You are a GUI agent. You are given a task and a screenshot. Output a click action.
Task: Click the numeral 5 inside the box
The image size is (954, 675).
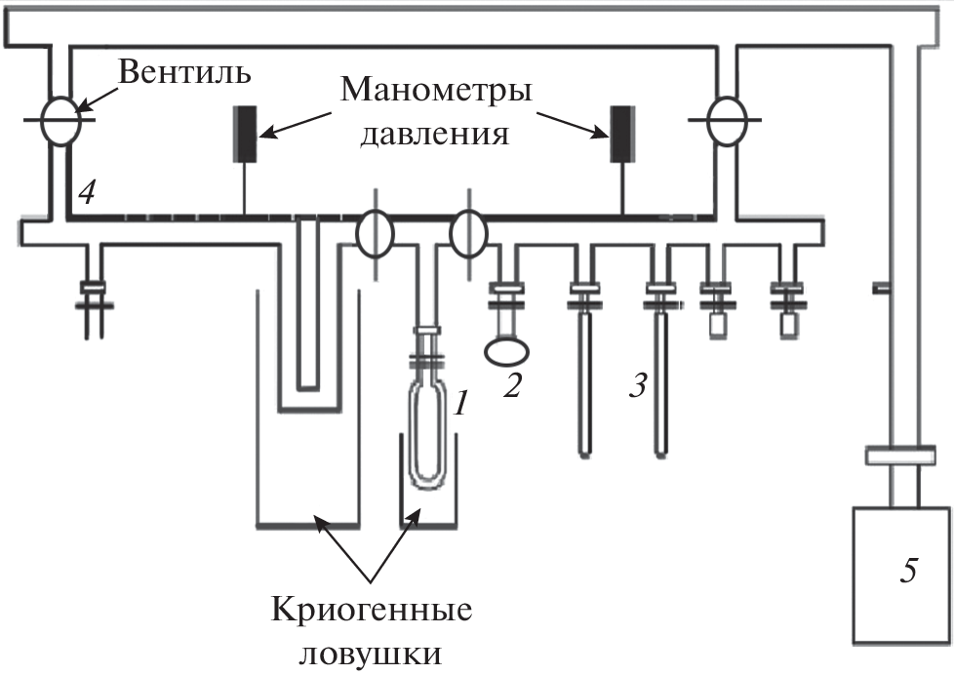pyautogui.click(x=908, y=572)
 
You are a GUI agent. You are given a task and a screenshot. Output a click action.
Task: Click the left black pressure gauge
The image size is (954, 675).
pyautogui.click(x=244, y=134)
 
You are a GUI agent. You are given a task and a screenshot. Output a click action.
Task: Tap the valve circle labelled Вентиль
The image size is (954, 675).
pyautogui.click(x=61, y=119)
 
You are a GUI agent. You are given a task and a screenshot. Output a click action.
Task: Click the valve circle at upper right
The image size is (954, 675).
pyautogui.click(x=727, y=120)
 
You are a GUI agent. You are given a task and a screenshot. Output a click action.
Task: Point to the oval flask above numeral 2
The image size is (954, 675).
pyautogui.click(x=507, y=345)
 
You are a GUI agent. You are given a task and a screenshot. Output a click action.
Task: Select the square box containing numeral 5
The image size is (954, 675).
pyautogui.click(x=901, y=583)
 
